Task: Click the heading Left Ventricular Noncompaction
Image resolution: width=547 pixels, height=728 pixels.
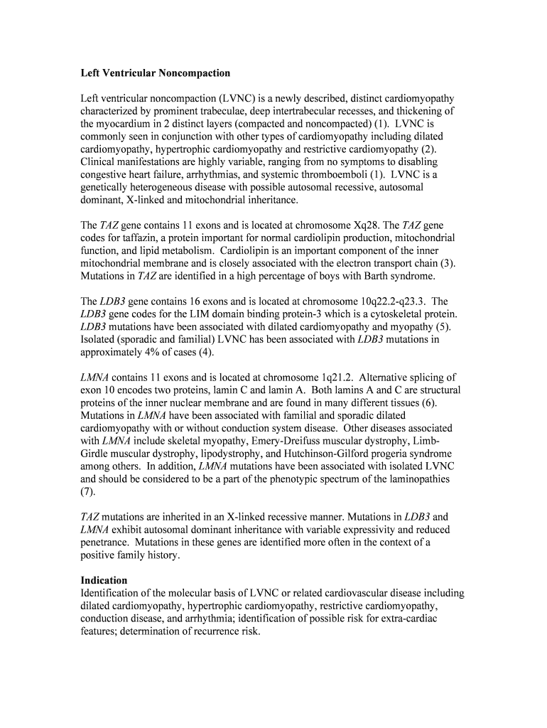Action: pos(156,73)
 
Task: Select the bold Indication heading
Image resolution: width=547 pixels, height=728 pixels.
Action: pos(104,580)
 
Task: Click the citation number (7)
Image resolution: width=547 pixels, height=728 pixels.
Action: pos(88,491)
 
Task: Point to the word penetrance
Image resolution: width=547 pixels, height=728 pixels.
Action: pos(106,542)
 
